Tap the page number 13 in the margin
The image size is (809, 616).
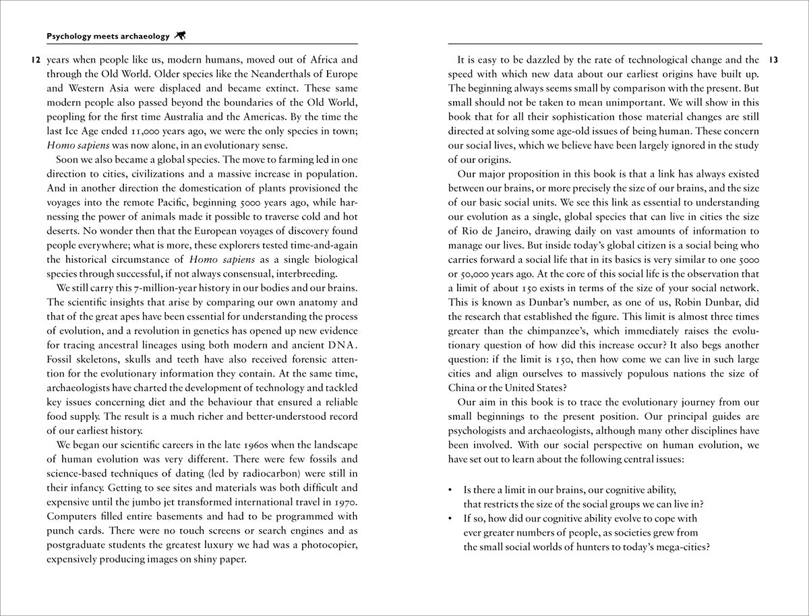[x=773, y=60]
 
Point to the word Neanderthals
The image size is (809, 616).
[x=262, y=73]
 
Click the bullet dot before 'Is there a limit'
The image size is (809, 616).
[x=450, y=490]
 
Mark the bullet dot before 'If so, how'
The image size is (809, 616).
[x=450, y=518]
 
